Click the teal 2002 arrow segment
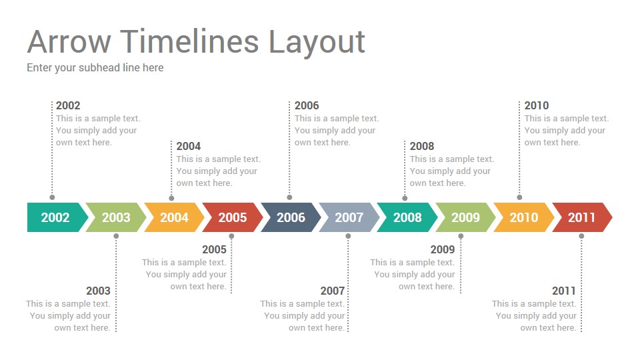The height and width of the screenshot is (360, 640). tap(56, 217)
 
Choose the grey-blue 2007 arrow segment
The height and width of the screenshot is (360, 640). tap(349, 217)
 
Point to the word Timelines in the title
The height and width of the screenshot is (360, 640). tap(189, 41)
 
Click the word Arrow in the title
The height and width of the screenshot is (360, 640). tap(69, 41)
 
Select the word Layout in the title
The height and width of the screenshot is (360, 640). tap(317, 43)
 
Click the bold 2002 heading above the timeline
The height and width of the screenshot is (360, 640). tap(68, 105)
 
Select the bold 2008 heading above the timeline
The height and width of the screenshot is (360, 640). tap(422, 146)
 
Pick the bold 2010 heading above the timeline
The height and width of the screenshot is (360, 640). tap(537, 105)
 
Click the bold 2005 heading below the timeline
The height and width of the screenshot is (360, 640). tap(214, 249)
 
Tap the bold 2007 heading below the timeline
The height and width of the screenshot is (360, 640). tap(333, 291)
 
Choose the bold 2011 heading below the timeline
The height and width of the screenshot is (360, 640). tap(564, 291)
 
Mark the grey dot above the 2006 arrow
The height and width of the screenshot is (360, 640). tap(289, 197)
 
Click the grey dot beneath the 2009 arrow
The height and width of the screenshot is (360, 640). tap(461, 236)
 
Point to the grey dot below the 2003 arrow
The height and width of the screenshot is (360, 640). tap(116, 236)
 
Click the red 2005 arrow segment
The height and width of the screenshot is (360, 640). tap(232, 217)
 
